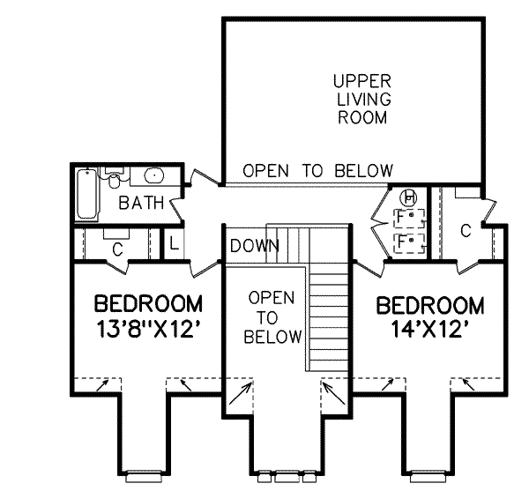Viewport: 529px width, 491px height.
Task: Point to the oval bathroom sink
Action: tap(150, 175)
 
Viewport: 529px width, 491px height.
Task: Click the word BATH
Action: tap(142, 204)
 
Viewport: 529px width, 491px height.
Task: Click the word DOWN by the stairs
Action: tap(249, 246)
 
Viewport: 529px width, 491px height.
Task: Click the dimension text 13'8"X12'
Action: tap(148, 333)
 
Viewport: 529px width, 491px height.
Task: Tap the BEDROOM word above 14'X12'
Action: tap(430, 307)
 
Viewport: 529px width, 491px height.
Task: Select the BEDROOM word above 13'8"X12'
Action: tap(148, 305)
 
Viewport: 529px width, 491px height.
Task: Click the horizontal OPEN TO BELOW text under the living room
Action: tap(317, 170)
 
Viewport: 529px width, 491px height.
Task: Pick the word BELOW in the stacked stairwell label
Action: tap(273, 337)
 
